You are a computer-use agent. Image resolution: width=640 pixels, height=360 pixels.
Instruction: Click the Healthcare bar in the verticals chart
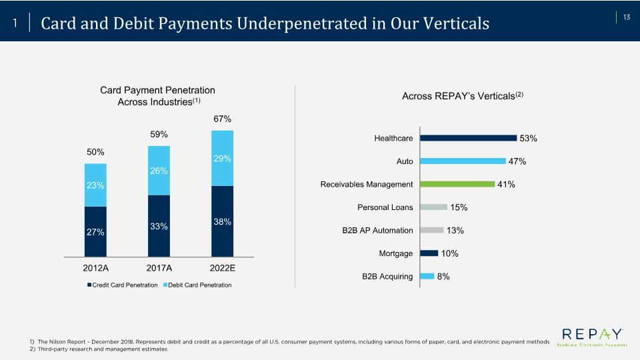(468, 138)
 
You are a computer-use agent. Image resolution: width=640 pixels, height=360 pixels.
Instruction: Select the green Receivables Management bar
(457, 184)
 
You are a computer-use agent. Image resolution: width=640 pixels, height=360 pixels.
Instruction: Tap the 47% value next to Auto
(517, 161)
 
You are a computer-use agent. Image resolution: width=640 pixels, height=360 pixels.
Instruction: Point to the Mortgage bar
(429, 253)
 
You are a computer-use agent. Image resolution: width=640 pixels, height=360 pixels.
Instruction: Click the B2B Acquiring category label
(387, 276)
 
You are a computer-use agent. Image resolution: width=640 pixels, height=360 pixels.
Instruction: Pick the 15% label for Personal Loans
(459, 207)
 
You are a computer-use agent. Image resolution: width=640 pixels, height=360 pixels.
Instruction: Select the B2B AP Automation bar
(432, 230)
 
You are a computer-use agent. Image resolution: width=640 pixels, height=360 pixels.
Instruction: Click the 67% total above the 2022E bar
(222, 119)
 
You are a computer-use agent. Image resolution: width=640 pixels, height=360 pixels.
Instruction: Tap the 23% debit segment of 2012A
(95, 185)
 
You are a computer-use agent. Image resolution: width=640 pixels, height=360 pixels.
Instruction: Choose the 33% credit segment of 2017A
(159, 226)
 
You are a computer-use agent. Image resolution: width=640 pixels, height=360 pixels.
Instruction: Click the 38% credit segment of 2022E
(223, 221)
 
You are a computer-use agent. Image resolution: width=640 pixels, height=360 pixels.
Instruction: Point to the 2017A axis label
(159, 268)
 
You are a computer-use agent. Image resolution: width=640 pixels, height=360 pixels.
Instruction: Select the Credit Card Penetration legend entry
(123, 285)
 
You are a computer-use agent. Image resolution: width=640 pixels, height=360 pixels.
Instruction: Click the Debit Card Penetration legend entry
(197, 285)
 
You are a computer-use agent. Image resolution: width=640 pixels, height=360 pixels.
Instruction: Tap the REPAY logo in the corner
(592, 336)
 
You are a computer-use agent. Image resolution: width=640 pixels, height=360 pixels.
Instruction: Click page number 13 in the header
(627, 17)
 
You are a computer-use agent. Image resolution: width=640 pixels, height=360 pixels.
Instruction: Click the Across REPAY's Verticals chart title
(463, 95)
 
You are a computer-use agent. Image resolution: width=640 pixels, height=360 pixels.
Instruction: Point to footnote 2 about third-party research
(99, 349)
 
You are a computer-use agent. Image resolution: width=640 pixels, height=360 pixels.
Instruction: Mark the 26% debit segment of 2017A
(159, 171)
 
